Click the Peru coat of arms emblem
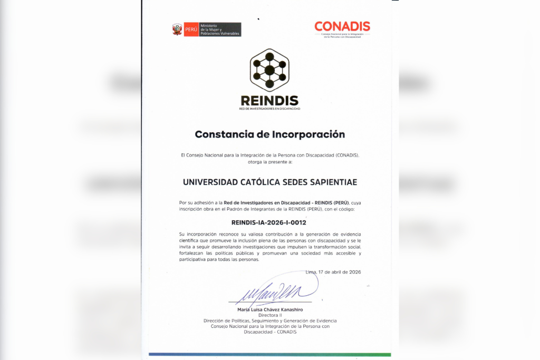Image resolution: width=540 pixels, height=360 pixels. click(x=177, y=30)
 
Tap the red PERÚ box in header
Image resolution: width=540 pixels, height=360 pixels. click(x=191, y=30)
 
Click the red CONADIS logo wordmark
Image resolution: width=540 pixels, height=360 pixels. click(x=342, y=26)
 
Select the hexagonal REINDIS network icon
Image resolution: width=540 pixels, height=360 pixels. click(x=269, y=70)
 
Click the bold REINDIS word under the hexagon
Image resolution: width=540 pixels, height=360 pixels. click(x=269, y=101)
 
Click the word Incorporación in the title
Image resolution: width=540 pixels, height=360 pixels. click(x=308, y=134)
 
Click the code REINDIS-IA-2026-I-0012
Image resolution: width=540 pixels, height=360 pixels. click(x=269, y=222)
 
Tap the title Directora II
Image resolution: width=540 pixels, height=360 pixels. click(x=269, y=315)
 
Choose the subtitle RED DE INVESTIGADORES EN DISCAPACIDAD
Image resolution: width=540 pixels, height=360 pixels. click(x=269, y=109)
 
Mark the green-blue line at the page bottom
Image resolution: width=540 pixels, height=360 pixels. click(x=269, y=355)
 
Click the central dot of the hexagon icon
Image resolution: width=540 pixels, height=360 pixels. click(x=269, y=70)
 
